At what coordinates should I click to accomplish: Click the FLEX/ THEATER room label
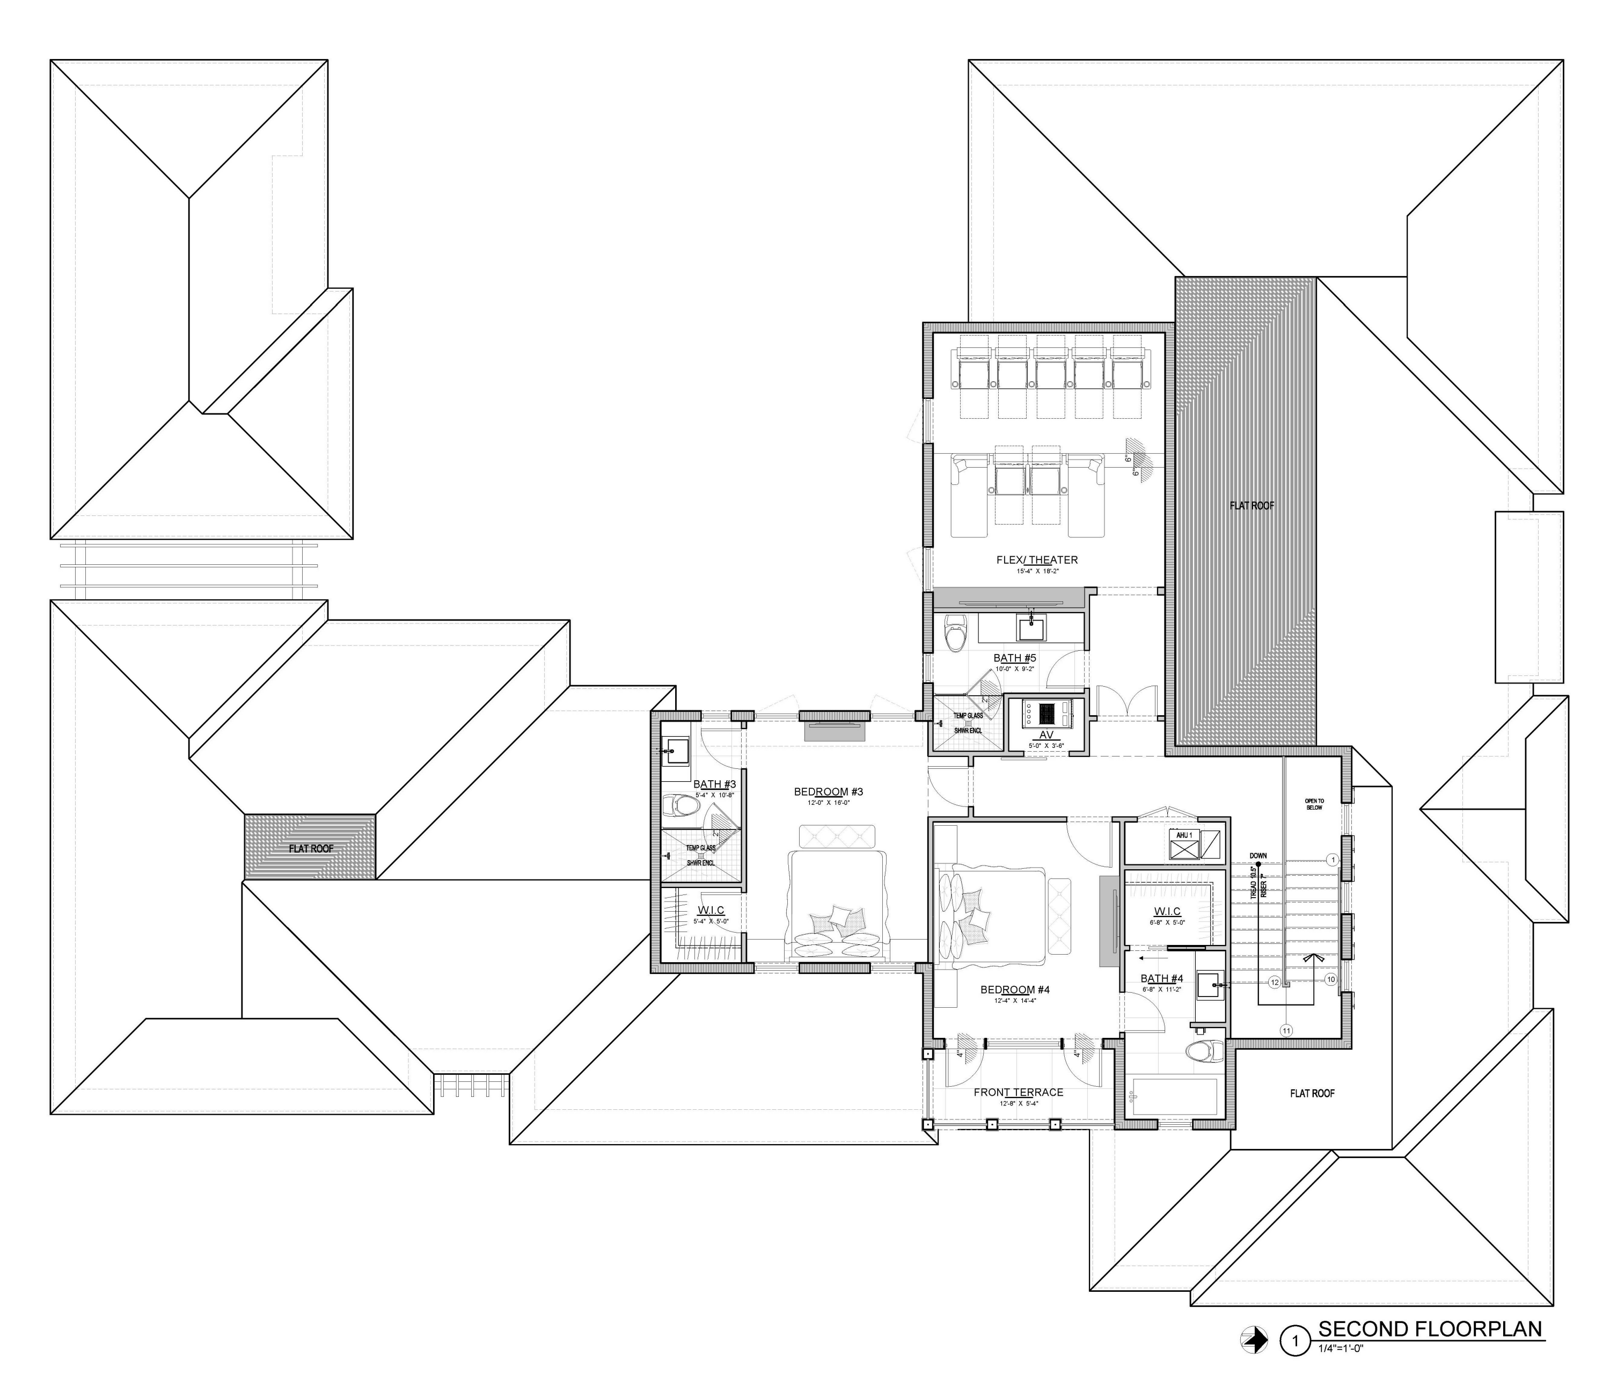point(1036,559)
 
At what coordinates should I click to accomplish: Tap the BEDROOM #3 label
point(828,792)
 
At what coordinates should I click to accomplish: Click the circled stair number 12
point(1275,983)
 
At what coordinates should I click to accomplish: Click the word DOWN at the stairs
point(1258,856)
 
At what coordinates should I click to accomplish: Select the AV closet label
point(1046,734)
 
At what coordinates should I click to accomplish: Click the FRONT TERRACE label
point(1018,1092)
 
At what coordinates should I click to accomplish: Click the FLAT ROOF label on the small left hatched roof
point(311,849)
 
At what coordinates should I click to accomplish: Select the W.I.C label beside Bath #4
point(1166,911)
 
